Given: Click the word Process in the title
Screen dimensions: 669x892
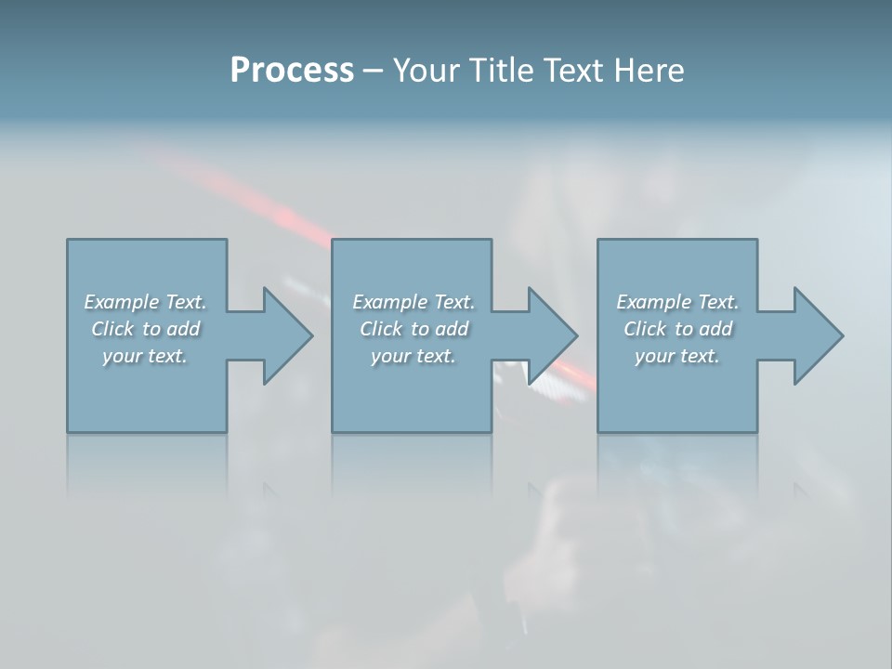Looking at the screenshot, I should [292, 71].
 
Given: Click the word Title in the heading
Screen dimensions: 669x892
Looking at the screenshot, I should [502, 71].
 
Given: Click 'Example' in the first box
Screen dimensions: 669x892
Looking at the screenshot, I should [122, 302].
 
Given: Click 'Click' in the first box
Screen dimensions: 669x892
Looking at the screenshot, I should [112, 329].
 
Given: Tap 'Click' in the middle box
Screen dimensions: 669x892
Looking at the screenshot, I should [381, 329].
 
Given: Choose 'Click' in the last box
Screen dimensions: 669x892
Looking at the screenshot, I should [645, 329].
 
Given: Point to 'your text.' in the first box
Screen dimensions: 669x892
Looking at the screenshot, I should [145, 356].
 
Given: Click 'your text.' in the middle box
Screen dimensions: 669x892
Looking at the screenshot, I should [413, 356].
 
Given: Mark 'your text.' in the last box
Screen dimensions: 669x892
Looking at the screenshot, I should [677, 356].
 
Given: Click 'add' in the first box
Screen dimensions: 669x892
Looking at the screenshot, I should [184, 329].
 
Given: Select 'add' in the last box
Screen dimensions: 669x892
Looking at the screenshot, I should [716, 329].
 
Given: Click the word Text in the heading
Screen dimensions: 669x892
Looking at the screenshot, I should [572, 71].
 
